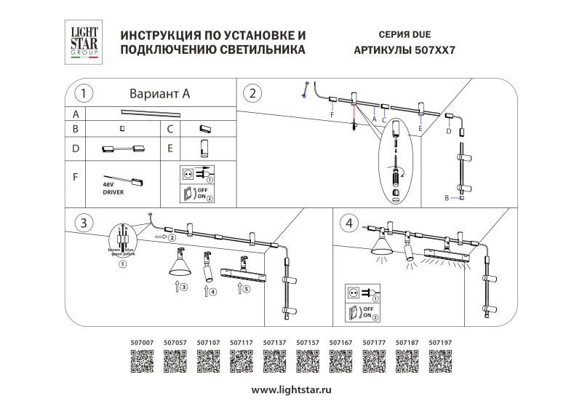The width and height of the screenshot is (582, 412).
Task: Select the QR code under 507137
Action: pyautogui.click(x=274, y=360)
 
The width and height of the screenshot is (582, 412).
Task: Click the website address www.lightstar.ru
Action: pyautogui.click(x=291, y=389)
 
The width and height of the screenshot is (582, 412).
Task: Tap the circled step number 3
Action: pyautogui.click(x=84, y=222)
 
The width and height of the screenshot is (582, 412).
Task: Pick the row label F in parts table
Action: pyautogui.click(x=75, y=176)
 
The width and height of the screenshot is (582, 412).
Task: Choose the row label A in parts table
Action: pyautogui.click(x=75, y=114)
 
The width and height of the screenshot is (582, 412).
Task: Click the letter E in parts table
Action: pyautogui.click(x=170, y=148)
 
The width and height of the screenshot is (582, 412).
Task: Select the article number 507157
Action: pyautogui.click(x=308, y=341)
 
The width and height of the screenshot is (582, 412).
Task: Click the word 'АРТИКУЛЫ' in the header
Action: pyautogui.click(x=382, y=51)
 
